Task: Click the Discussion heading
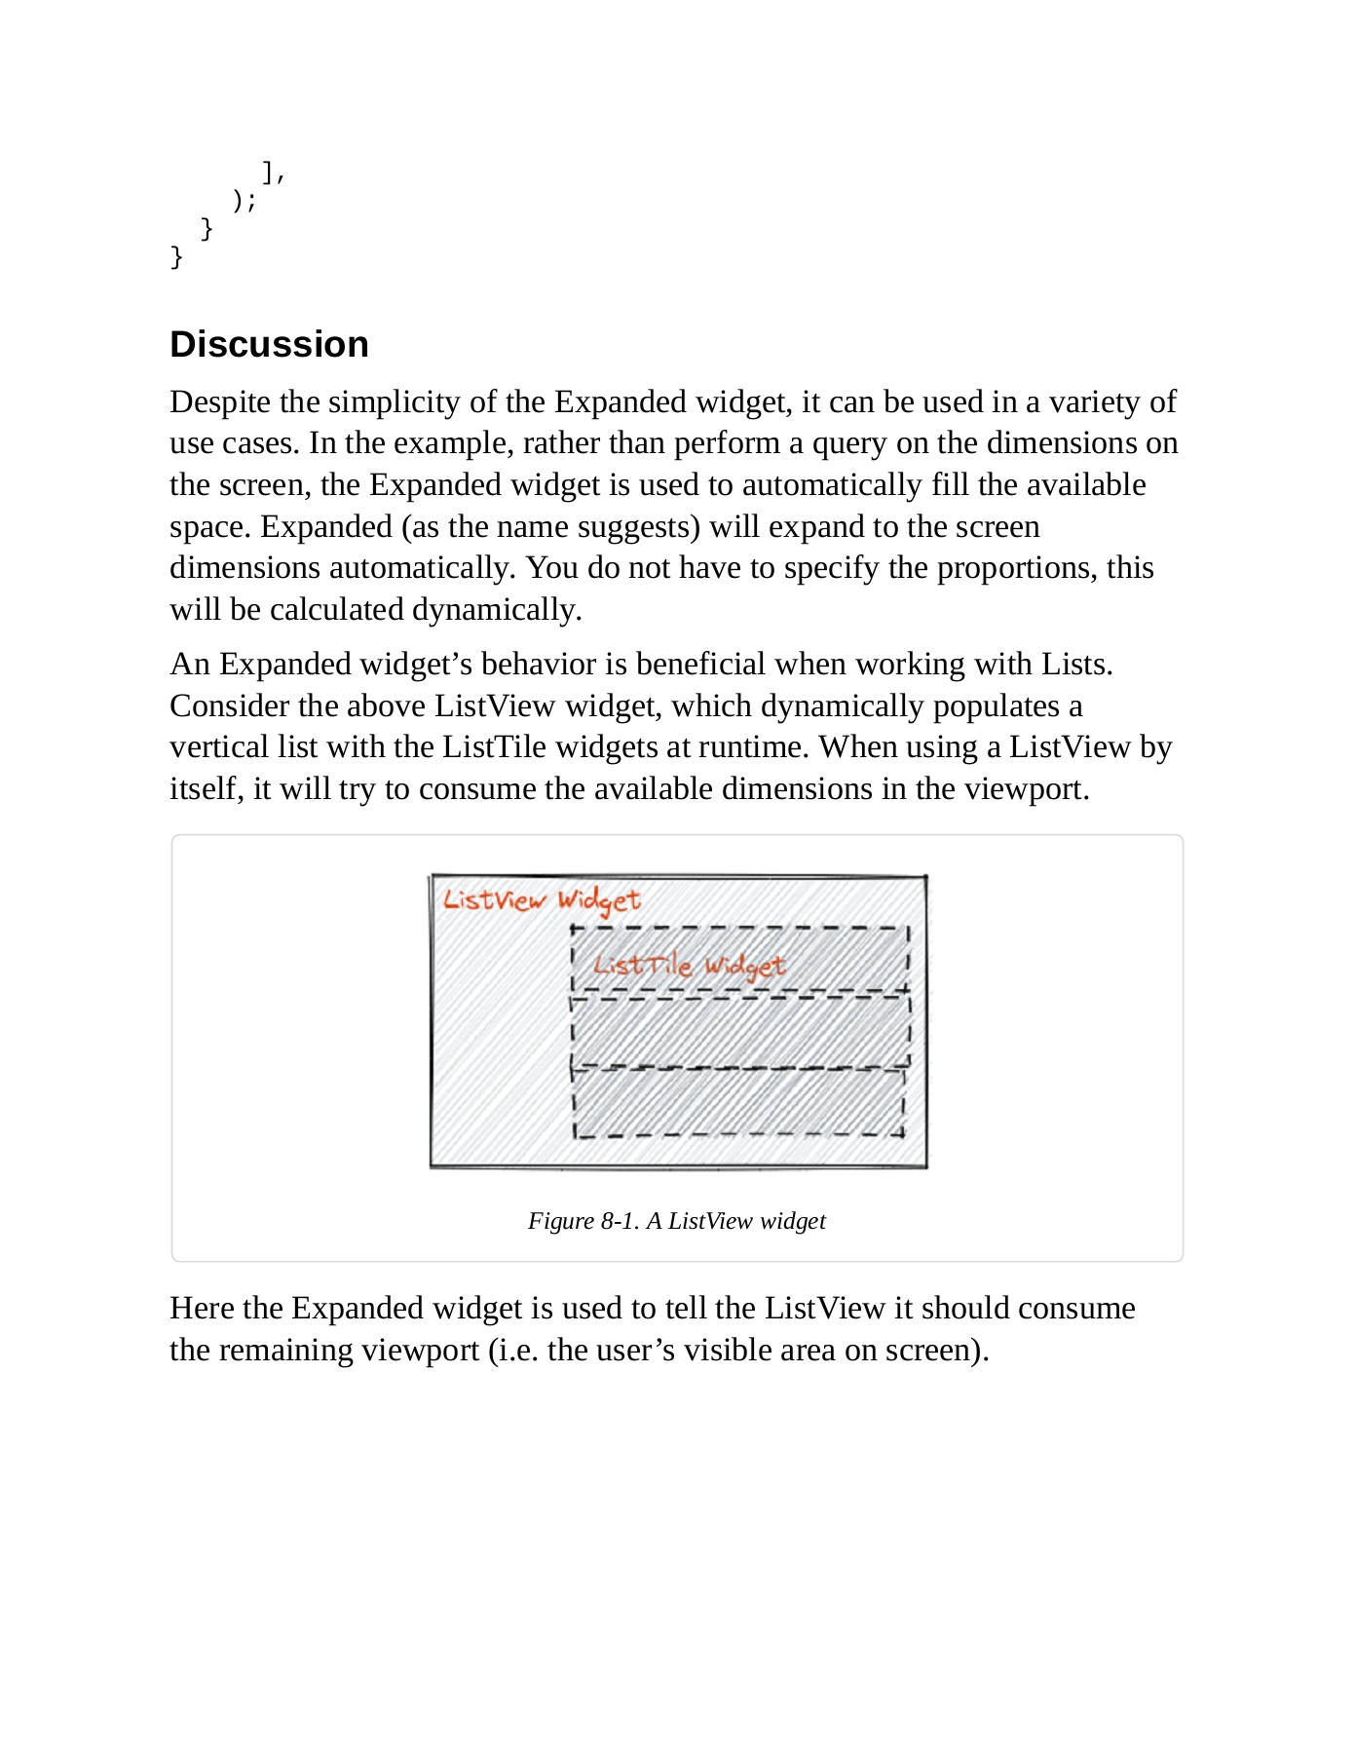click(269, 344)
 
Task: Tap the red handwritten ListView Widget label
click(542, 899)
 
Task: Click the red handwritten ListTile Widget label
click(689, 966)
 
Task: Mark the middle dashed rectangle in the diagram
click(740, 1031)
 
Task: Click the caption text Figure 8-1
click(583, 1221)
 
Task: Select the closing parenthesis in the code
click(239, 200)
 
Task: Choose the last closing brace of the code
click(176, 256)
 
